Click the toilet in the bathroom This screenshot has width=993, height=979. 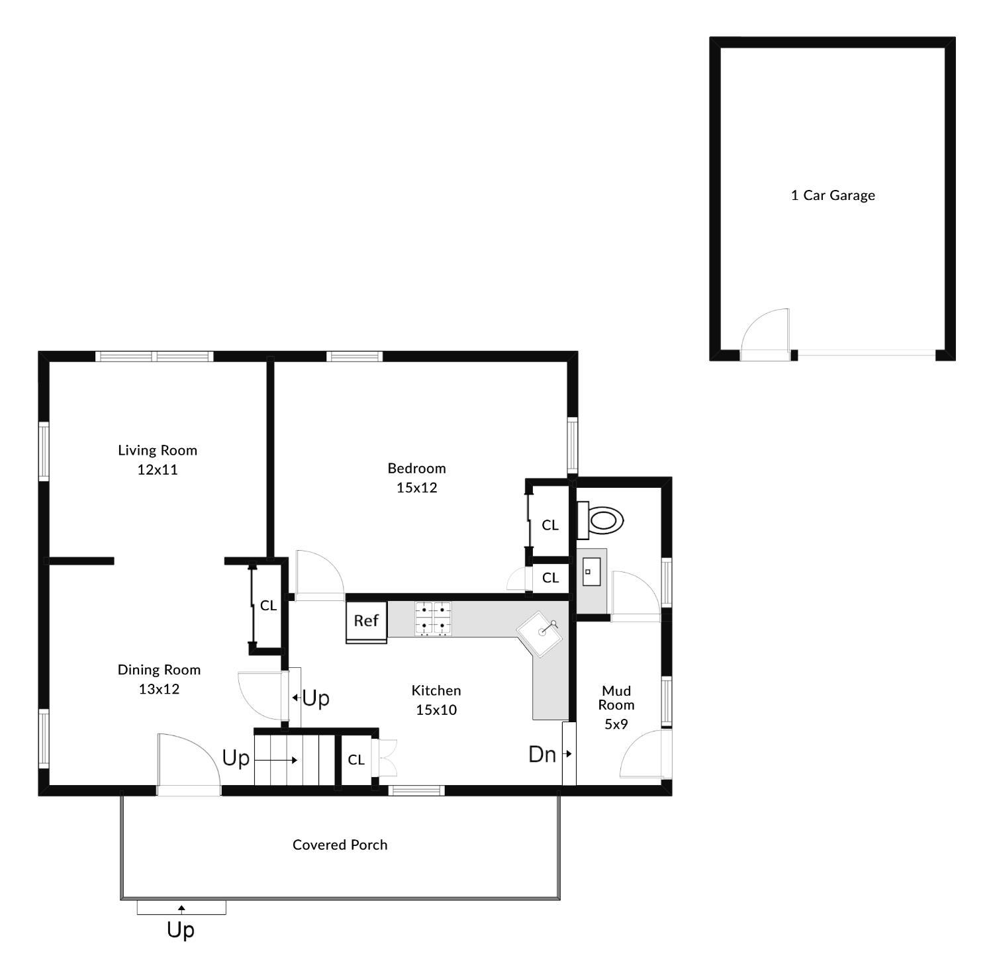[x=600, y=520]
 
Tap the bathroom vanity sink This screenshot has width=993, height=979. [x=591, y=571]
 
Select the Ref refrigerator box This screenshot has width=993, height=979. [x=366, y=621]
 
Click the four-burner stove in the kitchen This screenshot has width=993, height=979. [x=433, y=619]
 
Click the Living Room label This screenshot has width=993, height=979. [x=158, y=450]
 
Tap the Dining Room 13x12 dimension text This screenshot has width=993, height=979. [x=159, y=689]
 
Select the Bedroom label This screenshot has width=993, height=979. [x=417, y=468]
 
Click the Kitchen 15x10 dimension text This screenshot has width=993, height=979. [x=436, y=710]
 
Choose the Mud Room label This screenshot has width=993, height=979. [x=616, y=698]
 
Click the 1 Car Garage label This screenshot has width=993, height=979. [x=833, y=195]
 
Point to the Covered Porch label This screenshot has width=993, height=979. [x=340, y=845]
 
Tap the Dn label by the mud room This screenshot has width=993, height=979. [x=542, y=754]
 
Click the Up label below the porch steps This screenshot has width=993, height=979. [x=181, y=930]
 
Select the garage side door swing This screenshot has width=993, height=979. [x=765, y=334]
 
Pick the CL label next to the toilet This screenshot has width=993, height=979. [x=550, y=525]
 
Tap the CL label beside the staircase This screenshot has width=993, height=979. [x=356, y=760]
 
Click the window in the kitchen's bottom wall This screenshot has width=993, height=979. [x=416, y=790]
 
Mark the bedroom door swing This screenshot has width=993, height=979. [x=319, y=575]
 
